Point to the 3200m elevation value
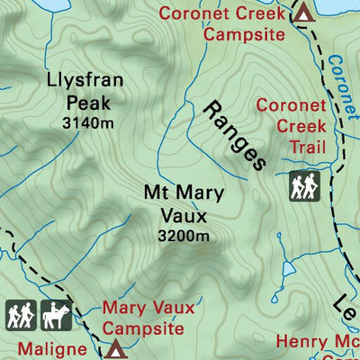coord(183,237)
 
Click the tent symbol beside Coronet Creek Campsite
coord(304,13)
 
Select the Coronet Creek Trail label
coord(289,126)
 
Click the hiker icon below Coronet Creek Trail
coord(303,186)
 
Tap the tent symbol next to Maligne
coord(115,348)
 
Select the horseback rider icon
coord(56,315)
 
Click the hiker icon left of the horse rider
coord(20,315)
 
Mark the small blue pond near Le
coord(287,268)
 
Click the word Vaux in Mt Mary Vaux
coord(183,216)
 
